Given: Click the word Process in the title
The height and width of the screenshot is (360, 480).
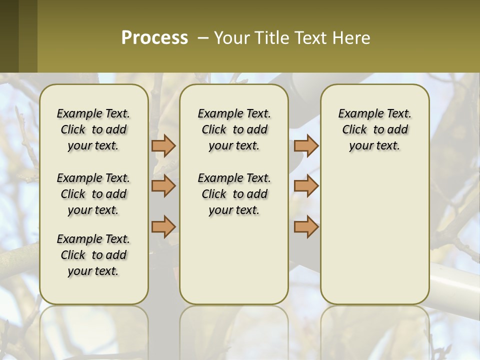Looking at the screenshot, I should (154, 37).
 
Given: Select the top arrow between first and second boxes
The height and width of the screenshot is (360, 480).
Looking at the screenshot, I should (163, 145).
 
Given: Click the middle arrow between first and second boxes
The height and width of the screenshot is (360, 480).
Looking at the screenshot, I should (163, 186).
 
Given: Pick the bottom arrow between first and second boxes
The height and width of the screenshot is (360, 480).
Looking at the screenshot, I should (163, 226).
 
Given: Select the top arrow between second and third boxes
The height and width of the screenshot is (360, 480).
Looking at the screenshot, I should (306, 145).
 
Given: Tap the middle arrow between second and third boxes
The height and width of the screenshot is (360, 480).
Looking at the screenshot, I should (306, 186).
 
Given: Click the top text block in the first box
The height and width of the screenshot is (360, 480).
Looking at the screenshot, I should (93, 129).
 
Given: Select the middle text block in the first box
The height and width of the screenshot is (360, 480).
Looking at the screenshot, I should (93, 194).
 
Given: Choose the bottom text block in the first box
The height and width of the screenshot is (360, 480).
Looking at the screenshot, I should (93, 255).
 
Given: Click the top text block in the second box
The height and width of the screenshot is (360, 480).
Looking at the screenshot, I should (234, 129).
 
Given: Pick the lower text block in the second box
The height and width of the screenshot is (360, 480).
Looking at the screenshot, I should (234, 194).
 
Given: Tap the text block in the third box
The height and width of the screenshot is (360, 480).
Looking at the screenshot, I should (374, 129).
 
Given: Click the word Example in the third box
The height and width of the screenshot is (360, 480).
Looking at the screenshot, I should (357, 114).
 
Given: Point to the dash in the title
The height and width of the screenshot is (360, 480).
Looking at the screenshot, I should (203, 37).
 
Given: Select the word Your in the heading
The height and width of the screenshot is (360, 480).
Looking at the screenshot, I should (231, 37).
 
